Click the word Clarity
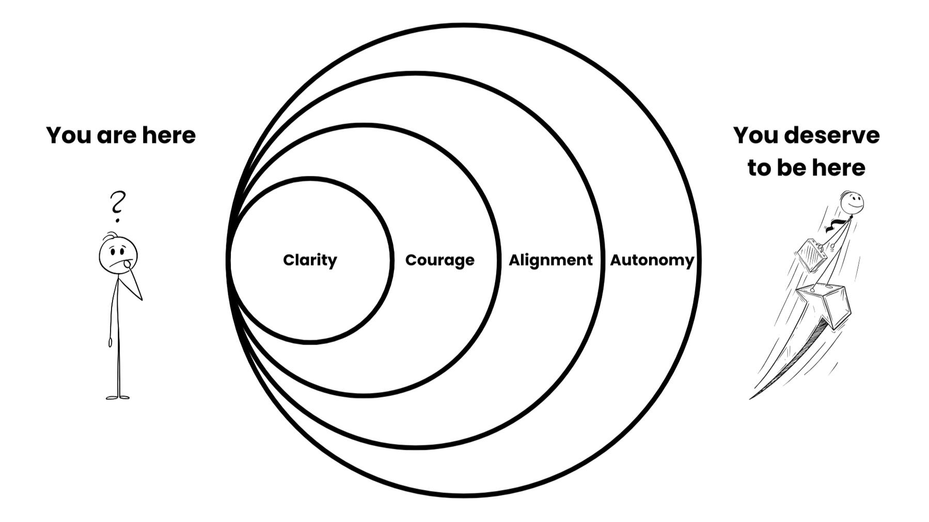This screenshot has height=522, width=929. tap(310, 260)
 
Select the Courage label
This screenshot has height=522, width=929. tap(439, 260)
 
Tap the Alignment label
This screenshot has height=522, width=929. tap(550, 260)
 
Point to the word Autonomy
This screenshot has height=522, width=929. tap(652, 260)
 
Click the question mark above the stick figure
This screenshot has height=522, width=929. tap(118, 205)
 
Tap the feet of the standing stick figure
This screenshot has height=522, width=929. tap(118, 397)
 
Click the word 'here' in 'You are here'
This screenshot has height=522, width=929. tap(169, 136)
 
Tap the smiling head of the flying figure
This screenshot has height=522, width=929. tap(851, 203)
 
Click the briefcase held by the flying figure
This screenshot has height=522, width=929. tap(812, 255)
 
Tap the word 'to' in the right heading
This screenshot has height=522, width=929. tap(759, 168)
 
